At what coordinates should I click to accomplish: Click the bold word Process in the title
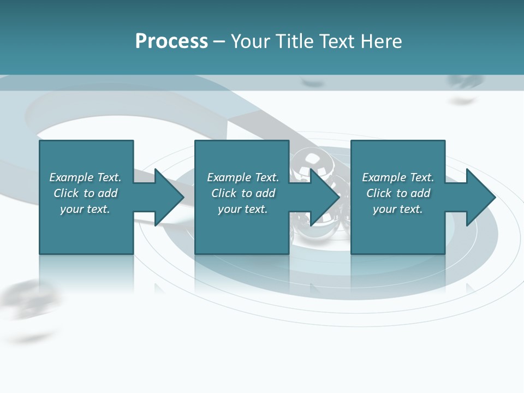click(171, 41)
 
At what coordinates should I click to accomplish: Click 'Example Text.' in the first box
click(85, 177)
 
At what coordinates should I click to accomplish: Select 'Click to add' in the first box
click(85, 193)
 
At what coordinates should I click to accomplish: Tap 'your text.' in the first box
click(85, 209)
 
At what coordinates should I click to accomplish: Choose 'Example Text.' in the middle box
click(243, 177)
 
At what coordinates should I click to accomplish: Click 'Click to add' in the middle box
click(243, 193)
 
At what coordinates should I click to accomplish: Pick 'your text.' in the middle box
click(243, 209)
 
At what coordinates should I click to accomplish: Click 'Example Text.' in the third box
click(398, 177)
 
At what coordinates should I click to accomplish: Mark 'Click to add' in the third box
click(398, 193)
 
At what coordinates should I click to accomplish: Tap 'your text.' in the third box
click(398, 209)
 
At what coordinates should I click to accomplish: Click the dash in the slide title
click(219, 41)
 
